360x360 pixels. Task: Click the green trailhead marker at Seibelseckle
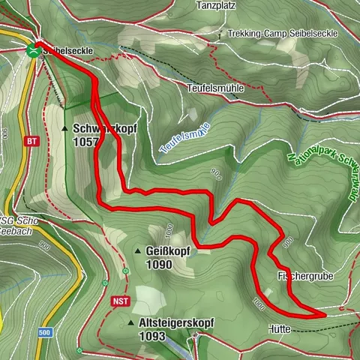(x=32, y=50)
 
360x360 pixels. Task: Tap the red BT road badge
(x=31, y=140)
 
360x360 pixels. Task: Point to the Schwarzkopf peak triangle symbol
(x=64, y=128)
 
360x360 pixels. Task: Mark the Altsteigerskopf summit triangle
(x=130, y=322)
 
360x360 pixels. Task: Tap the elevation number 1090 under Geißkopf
(x=160, y=264)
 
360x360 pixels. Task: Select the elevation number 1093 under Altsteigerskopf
(x=152, y=337)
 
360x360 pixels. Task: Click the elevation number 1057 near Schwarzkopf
(x=85, y=141)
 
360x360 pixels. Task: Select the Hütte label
(x=277, y=328)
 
